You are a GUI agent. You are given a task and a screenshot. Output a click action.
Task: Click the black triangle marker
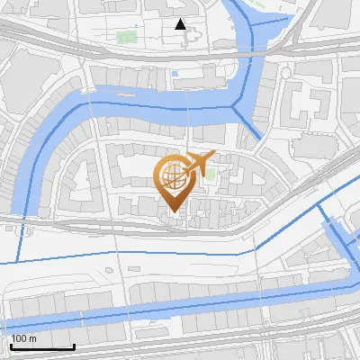tap(181, 24)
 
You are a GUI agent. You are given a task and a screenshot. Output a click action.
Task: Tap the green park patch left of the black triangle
tap(125, 38)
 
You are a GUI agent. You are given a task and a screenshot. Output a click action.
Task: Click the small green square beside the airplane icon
tap(210, 174)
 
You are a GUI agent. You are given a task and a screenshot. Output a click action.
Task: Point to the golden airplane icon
tap(197, 163)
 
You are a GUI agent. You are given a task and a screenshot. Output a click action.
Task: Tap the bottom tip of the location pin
tap(171, 212)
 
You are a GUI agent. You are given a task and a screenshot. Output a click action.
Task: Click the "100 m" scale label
tap(23, 338)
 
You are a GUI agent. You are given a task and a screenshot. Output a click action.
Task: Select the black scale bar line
tap(41, 346)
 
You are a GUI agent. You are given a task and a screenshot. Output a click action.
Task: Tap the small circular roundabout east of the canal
tap(285, 72)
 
